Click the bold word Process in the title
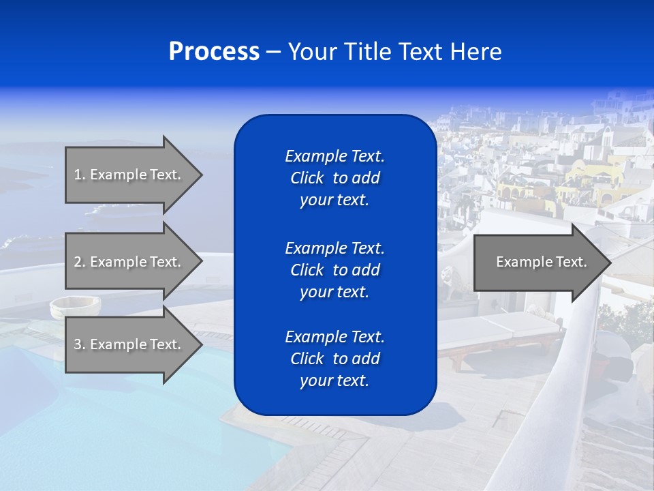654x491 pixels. pyautogui.click(x=214, y=52)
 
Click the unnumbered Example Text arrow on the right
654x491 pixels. pyautogui.click(x=538, y=262)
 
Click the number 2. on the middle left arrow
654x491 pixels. pyautogui.click(x=79, y=262)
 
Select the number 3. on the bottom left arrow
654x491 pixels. pyautogui.click(x=79, y=344)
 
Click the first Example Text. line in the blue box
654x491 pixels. pyautogui.click(x=334, y=156)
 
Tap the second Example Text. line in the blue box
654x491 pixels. pyautogui.click(x=334, y=248)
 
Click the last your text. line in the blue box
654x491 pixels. pyautogui.click(x=334, y=381)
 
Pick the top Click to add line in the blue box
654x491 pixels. pyautogui.click(x=334, y=178)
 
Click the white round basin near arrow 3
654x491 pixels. pyautogui.click(x=74, y=307)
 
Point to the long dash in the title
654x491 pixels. pyautogui.click(x=272, y=53)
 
